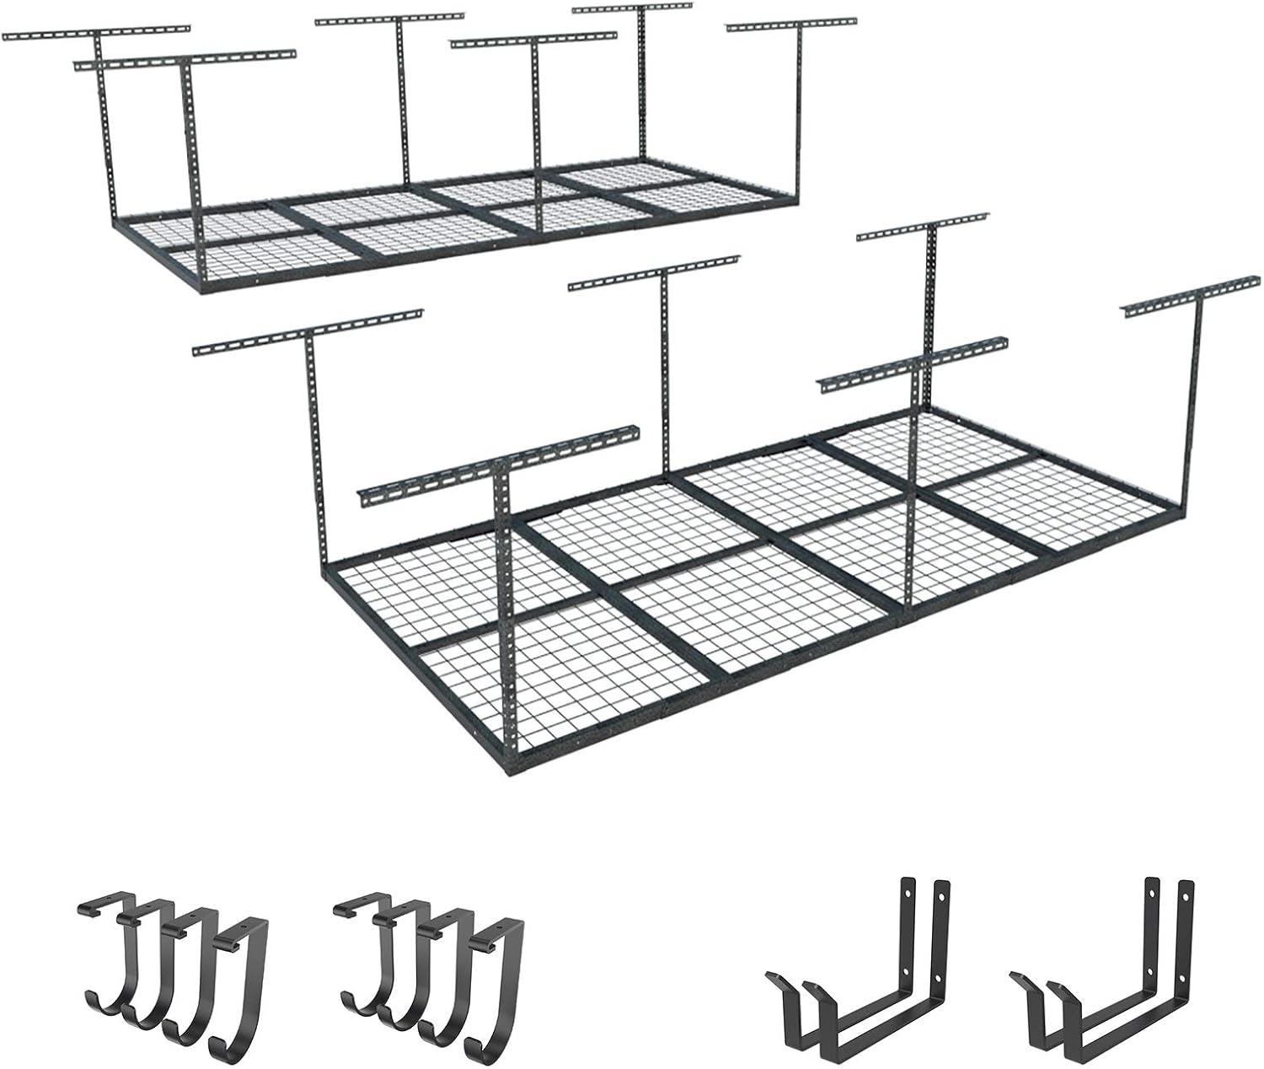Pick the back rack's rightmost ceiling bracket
[792, 25]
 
